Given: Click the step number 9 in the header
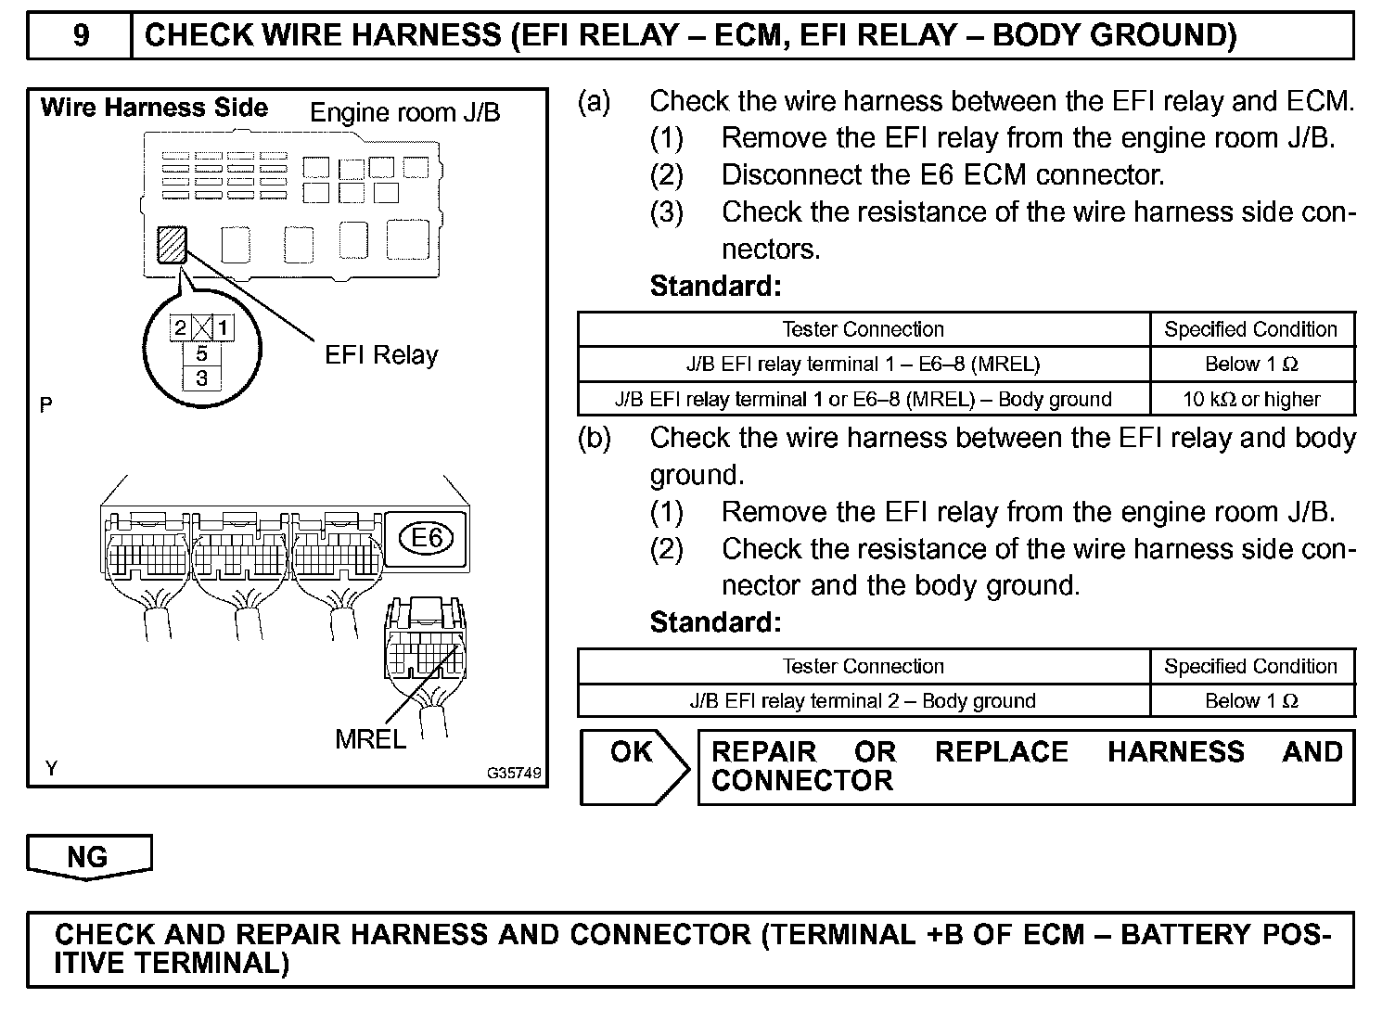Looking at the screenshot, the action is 81,35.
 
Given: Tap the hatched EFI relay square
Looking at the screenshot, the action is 173,246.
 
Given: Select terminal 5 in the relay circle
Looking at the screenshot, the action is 202,353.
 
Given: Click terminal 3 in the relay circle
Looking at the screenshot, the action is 202,378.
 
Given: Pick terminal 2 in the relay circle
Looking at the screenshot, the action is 181,327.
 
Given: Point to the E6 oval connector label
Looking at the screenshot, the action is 427,538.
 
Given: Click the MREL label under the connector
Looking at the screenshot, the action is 370,739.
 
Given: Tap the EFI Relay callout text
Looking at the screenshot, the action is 381,355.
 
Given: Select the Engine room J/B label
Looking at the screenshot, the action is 404,113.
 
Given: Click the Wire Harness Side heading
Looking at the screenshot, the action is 154,108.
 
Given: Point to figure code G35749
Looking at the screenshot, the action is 514,772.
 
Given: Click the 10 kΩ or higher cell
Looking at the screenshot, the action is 1251,400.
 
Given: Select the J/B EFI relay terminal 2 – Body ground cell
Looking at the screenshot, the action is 863,701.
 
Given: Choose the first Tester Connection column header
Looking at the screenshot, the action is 863,329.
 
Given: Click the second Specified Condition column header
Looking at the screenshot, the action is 1251,666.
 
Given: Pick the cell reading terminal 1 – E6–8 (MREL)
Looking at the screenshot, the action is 863,365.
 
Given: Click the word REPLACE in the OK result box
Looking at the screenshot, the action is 1002,751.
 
